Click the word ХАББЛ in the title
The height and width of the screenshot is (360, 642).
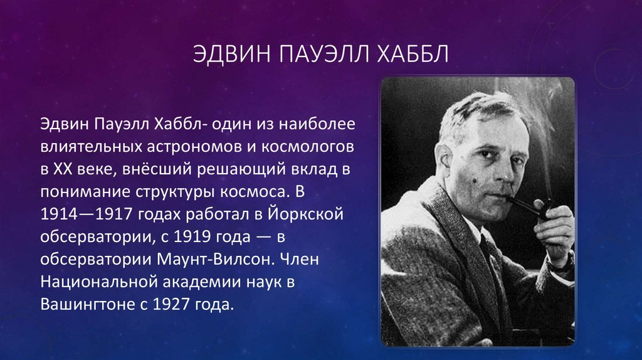[413, 54]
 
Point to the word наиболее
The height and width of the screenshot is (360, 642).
[317, 124]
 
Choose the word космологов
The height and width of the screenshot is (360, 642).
[307, 146]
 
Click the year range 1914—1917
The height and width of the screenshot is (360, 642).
[87, 214]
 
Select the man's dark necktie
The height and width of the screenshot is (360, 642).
[490, 262]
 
